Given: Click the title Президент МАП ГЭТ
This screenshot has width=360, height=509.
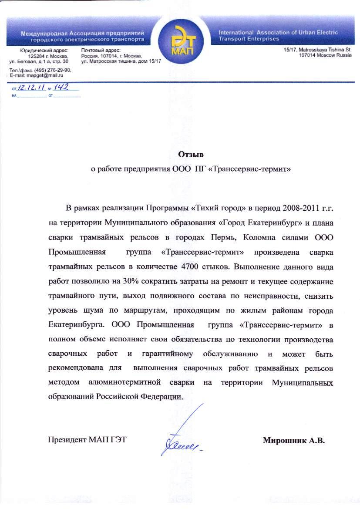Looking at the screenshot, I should (87, 440).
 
